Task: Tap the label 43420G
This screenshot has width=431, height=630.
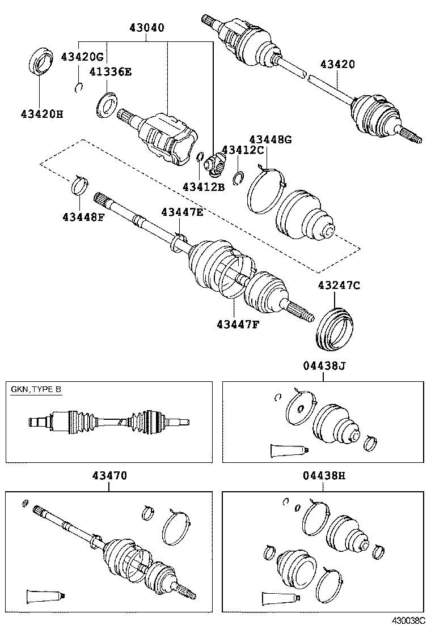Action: pyautogui.click(x=82, y=57)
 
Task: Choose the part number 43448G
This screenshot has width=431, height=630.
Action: pyautogui.click(x=271, y=139)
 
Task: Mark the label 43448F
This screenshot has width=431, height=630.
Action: pyautogui.click(x=83, y=217)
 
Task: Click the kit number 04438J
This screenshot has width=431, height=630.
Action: pyautogui.click(x=323, y=367)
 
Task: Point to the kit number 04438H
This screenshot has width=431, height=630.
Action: pyautogui.click(x=323, y=476)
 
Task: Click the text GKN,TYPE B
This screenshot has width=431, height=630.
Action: pyautogui.click(x=36, y=390)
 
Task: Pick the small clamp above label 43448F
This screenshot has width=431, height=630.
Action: pyautogui.click(x=81, y=185)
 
